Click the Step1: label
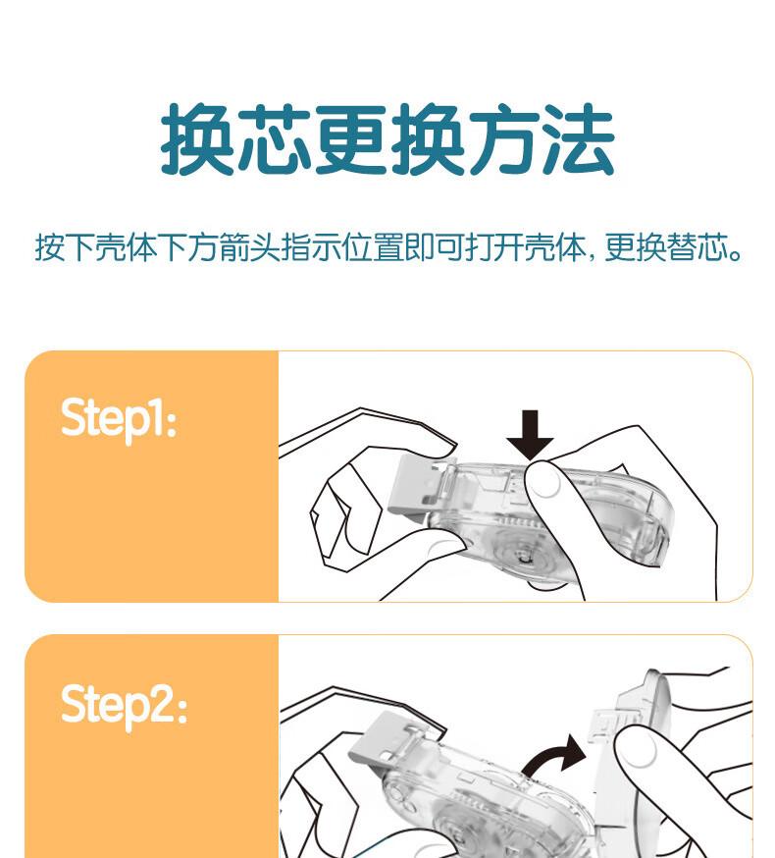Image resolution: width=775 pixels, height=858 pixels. coord(119,420)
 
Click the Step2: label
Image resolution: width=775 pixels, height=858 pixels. coord(125,707)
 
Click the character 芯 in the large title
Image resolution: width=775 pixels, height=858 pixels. coord(275,139)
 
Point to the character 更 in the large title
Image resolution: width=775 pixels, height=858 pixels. coord(350,139)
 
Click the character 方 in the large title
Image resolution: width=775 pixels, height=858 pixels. coord(503,139)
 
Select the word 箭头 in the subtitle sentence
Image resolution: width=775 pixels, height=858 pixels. coord(250,247)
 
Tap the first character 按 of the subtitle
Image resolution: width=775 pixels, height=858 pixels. coord(50,247)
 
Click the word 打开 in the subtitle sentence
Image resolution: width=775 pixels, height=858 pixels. coord(495,247)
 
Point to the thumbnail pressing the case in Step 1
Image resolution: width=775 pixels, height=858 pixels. coord(545,482)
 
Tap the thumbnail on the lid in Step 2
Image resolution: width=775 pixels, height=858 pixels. coord(639,749)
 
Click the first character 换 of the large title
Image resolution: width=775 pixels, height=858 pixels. coord(198,139)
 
